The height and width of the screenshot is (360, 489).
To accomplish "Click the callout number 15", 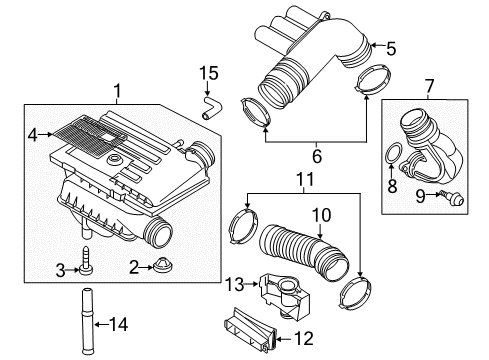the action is pyautogui.click(x=209, y=73).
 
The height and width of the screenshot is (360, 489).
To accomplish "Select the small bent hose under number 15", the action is pyautogui.click(x=211, y=108).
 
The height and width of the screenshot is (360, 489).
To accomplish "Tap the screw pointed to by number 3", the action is pyautogui.click(x=86, y=261).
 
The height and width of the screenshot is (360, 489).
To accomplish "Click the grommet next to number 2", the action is pyautogui.click(x=164, y=266).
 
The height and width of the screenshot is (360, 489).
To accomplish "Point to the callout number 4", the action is pyautogui.click(x=33, y=135).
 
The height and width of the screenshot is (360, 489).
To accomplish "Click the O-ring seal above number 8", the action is pyautogui.click(x=393, y=153).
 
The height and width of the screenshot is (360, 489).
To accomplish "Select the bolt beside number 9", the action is pyautogui.click(x=452, y=197).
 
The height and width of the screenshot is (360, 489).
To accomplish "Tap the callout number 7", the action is pyautogui.click(x=430, y=86).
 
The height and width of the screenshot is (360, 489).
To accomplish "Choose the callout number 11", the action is pyautogui.click(x=305, y=179).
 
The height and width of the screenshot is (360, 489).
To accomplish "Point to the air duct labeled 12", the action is pyautogui.click(x=250, y=328).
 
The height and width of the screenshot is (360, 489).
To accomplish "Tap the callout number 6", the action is pyautogui.click(x=317, y=156).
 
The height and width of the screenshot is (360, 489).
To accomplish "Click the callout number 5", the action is pyautogui.click(x=391, y=49).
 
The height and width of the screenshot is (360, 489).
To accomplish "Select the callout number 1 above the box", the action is pyautogui.click(x=117, y=91).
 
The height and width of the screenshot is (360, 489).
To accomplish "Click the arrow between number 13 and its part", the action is pyautogui.click(x=251, y=284).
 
